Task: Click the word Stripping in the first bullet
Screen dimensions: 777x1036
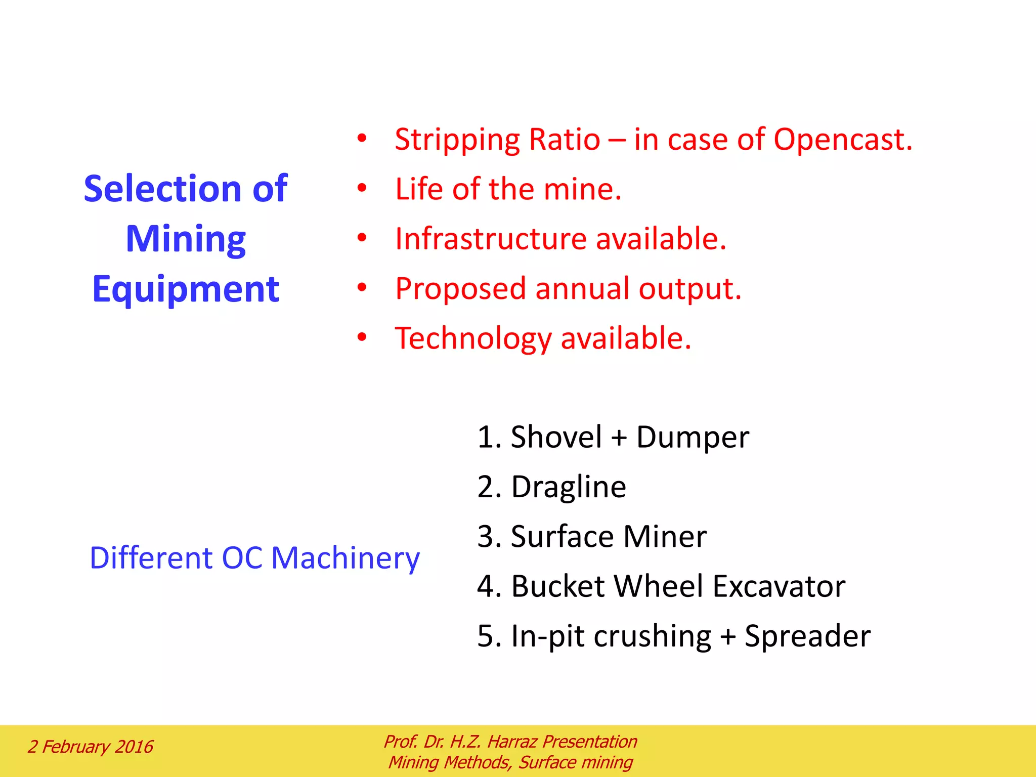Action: coord(457,140)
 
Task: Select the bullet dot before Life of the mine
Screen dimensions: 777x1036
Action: coord(361,188)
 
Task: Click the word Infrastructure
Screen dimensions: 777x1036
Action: coord(490,239)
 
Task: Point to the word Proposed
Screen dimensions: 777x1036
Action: coord(460,289)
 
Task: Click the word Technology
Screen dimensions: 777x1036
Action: coord(472,338)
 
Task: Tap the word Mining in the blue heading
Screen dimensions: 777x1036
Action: coord(186,239)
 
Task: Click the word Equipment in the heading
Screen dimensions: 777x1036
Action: coord(186,289)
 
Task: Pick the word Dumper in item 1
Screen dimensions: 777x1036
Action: coord(692,437)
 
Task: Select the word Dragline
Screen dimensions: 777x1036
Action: coord(568,487)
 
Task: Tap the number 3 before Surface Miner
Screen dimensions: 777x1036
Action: coord(486,537)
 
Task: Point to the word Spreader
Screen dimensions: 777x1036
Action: coord(807,636)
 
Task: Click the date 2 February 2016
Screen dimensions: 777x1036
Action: coord(90,747)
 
